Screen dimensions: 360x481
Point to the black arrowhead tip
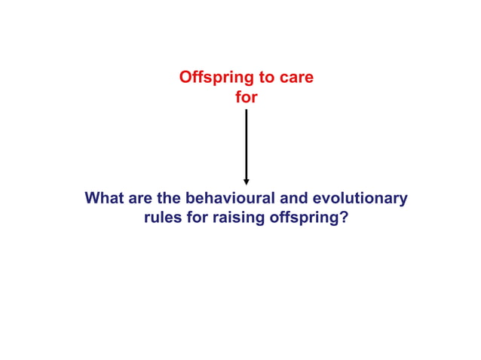tap(247, 184)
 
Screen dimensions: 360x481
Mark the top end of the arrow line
tap(247, 110)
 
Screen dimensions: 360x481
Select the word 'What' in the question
tap(103, 200)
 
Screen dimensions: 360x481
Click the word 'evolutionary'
tap(363, 200)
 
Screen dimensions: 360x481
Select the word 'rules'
tap(162, 219)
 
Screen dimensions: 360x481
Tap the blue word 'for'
tap(198, 219)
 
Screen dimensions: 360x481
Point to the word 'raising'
tap(238, 219)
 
